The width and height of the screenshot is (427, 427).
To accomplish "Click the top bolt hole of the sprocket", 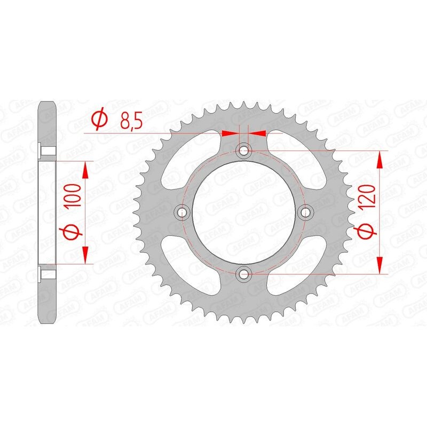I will [244, 151].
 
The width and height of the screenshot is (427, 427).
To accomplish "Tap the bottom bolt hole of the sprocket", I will [244, 274].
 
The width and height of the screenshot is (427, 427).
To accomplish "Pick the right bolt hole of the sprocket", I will [306, 213].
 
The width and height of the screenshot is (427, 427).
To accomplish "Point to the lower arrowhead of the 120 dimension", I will [379, 267].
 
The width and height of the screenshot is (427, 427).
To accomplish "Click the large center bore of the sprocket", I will [244, 213].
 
